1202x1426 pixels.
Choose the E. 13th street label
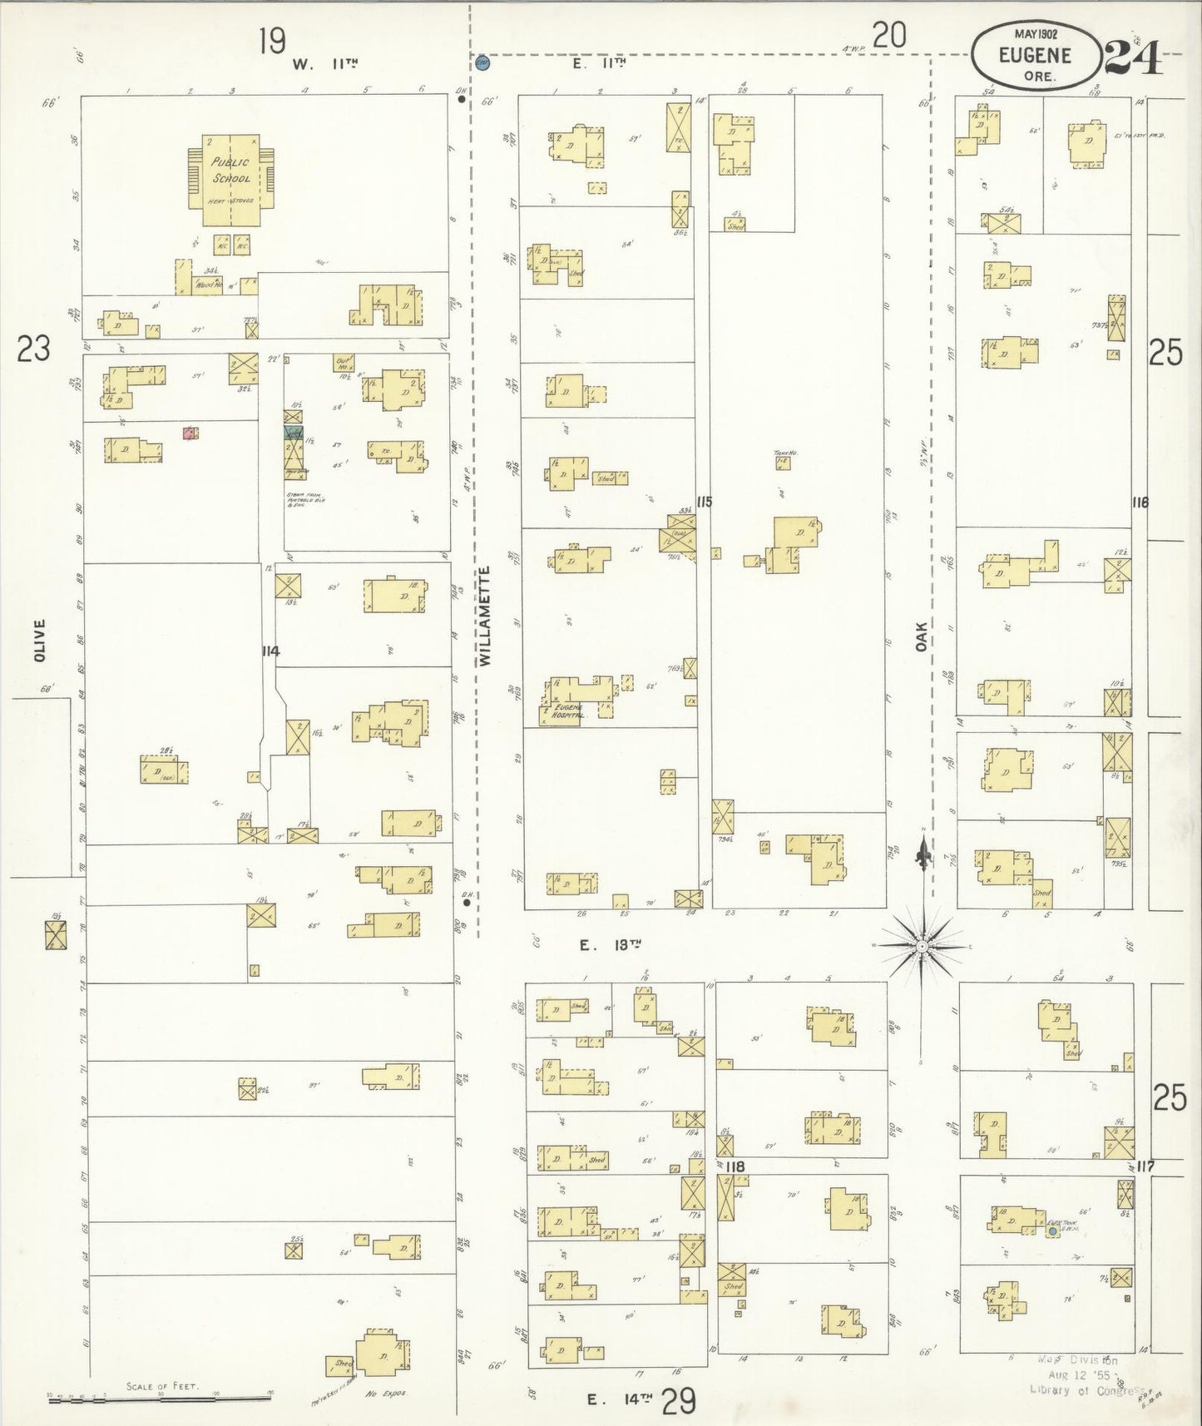click(612, 944)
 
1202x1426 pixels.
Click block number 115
click(705, 502)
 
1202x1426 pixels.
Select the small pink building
click(190, 433)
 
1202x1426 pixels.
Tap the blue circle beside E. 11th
click(482, 62)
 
